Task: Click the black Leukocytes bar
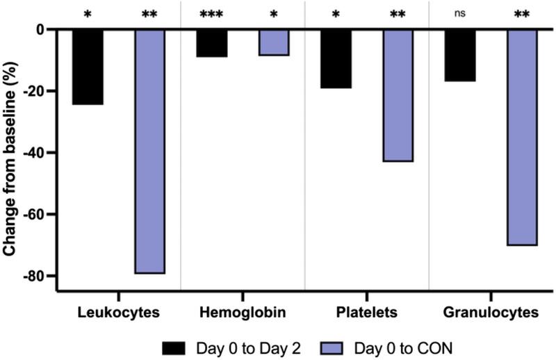(88, 67)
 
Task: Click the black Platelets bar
(336, 59)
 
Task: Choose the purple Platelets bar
(398, 96)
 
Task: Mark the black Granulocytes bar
(460, 56)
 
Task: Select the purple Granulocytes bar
(522, 138)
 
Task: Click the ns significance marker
(460, 13)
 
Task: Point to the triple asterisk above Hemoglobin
(211, 13)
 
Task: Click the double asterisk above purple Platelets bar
(398, 13)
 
